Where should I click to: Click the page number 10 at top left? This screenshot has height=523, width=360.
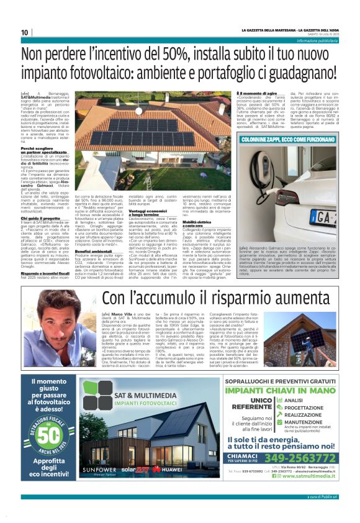click(x=24, y=32)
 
